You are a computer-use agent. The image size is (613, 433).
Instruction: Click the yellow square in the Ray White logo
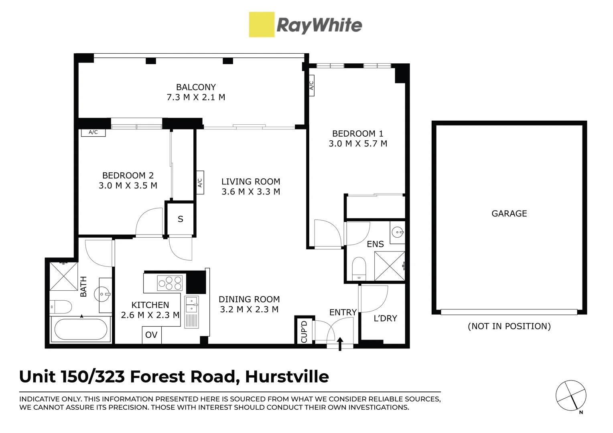point(262,24)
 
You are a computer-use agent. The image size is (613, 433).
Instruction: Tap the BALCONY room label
point(196,87)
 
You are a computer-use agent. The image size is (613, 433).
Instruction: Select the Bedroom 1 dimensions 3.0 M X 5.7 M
point(358,144)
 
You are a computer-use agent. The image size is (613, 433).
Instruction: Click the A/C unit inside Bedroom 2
point(93,132)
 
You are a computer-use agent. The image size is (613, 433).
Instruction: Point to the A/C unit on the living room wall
point(199,182)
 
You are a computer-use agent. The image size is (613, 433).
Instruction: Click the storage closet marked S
point(181,219)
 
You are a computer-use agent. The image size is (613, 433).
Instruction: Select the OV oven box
point(152,335)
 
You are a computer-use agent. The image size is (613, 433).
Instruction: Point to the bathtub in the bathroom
point(81,329)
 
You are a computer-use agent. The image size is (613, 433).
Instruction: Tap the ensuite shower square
point(390,266)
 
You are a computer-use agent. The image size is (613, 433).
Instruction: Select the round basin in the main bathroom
point(102,294)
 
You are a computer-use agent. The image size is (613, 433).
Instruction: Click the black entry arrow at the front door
point(340,344)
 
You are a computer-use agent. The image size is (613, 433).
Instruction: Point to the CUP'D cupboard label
point(304,332)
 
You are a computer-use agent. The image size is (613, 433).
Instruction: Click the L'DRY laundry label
point(385,318)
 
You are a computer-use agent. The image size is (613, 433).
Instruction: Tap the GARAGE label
point(509,214)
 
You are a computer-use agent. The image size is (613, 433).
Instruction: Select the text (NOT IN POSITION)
point(509,326)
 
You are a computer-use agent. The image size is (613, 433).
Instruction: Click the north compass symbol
point(570,396)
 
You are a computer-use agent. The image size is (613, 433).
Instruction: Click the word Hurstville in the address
point(287,377)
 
